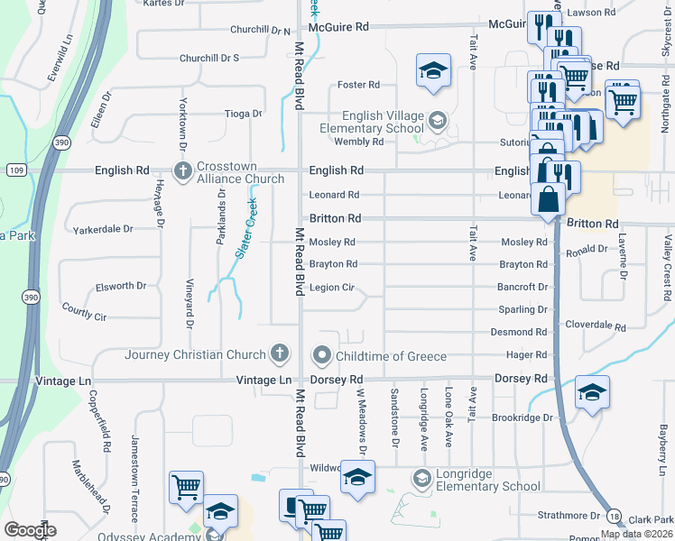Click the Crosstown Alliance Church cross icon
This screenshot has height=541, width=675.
182,170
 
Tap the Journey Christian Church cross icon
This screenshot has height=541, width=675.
280,354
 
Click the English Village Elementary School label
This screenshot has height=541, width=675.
371,122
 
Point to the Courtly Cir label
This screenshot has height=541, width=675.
84,315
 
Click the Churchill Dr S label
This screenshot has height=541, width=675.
208,58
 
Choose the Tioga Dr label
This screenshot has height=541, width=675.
243,114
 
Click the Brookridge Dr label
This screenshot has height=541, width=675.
522,418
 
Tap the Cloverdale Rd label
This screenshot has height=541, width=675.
595,325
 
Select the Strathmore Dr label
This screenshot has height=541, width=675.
569,516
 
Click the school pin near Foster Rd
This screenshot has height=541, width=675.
433,70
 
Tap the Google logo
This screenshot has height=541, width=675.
31,530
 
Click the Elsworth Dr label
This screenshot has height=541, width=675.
121,286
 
